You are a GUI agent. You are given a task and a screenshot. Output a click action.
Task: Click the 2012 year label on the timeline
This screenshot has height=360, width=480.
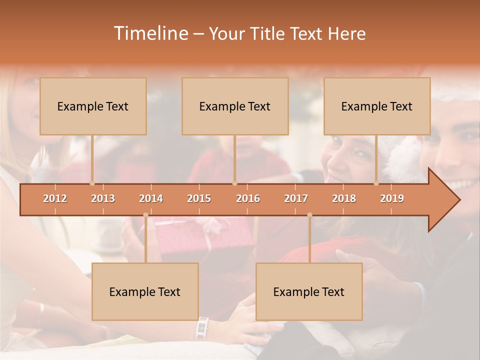55,198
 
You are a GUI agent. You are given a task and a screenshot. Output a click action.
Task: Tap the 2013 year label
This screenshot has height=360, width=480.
103,198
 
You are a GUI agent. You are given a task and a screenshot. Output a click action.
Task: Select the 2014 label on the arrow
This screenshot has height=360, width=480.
151,198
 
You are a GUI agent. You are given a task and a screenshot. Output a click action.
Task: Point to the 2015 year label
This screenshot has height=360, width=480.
199,198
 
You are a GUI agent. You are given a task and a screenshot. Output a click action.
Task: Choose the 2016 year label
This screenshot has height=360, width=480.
248,198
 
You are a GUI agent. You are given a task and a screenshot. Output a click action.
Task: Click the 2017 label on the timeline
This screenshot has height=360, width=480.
296,198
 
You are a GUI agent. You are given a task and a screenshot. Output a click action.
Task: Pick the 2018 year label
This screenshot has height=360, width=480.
344,198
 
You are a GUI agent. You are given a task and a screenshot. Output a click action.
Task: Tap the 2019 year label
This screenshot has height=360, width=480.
392,198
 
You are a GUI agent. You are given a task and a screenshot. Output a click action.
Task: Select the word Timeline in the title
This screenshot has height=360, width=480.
150,33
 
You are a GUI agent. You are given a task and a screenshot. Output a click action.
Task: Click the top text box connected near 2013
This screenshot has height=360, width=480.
93,106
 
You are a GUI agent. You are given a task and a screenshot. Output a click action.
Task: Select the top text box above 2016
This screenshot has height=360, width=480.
235,106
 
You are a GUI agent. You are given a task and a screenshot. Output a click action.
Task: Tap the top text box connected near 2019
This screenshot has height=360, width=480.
377,106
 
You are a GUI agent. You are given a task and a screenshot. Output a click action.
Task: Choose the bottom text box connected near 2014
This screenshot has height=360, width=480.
145,291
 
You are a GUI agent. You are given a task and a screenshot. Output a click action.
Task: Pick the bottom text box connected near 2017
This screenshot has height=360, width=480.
309,291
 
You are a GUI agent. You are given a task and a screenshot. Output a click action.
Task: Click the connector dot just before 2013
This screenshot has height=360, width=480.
92,183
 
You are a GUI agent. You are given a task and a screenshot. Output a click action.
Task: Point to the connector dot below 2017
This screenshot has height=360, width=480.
309,215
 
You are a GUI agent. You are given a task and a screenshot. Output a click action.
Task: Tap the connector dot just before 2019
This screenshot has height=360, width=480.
376,183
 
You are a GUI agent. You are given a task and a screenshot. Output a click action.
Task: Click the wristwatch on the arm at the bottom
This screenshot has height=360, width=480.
202,328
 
